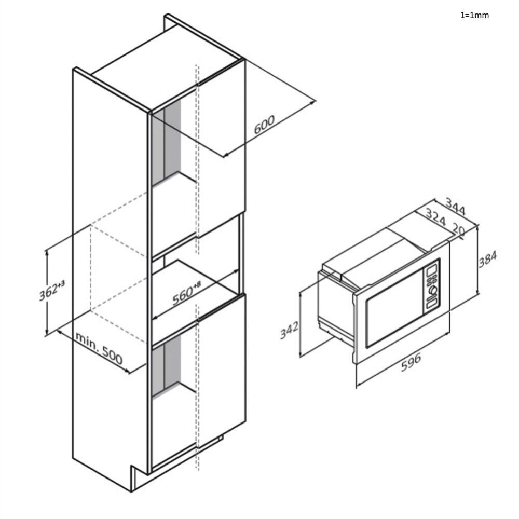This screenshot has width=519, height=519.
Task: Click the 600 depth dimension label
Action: (x=264, y=124)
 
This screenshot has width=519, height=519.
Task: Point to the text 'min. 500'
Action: (x=99, y=348)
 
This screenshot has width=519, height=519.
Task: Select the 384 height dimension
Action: (x=487, y=259)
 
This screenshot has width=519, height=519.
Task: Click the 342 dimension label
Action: (x=289, y=330)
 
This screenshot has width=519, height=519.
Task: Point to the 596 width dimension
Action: (x=411, y=362)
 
